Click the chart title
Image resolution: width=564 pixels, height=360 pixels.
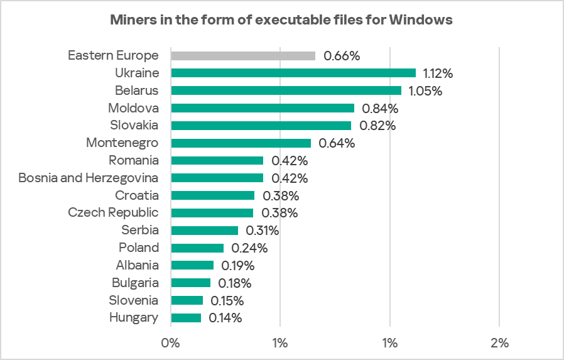(281, 20)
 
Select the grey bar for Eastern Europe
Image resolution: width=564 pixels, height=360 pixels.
(243, 56)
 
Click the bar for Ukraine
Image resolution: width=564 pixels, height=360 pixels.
(293, 73)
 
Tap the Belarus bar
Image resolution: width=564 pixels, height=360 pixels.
(286, 90)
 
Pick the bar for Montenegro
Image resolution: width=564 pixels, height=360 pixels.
(241, 143)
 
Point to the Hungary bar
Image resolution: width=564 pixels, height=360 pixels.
(186, 318)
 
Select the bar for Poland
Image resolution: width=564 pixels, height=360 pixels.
(197, 248)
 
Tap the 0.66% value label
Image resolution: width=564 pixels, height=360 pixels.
(342, 56)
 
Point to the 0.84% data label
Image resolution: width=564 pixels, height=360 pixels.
(381, 108)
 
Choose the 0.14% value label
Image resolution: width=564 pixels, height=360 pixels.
(224, 318)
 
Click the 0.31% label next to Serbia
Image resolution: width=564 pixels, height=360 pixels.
(261, 231)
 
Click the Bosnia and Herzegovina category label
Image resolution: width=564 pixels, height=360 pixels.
(89, 178)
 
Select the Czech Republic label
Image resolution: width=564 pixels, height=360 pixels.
(113, 212)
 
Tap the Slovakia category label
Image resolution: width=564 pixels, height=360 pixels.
(134, 125)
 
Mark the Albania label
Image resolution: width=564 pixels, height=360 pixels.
(137, 265)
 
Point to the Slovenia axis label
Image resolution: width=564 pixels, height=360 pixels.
(133, 300)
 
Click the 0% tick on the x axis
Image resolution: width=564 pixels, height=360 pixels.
(171, 343)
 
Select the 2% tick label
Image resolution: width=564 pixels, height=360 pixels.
(499, 343)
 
